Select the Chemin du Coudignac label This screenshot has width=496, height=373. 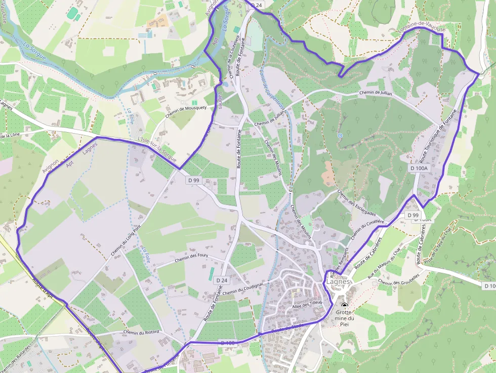[x=243, y=288]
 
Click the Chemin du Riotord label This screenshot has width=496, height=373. [x=141, y=332]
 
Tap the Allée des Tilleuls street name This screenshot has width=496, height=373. [x=307, y=304]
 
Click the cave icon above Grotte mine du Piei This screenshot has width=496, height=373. [x=345, y=305]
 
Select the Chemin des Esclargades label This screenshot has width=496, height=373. [x=356, y=202]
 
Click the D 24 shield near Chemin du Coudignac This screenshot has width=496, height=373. [x=222, y=280]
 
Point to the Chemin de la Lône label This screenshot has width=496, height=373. [x=10, y=136]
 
